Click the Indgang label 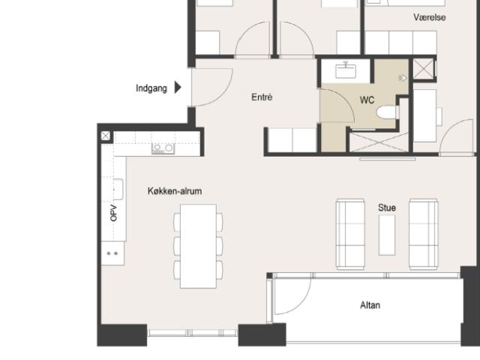coord(151,88)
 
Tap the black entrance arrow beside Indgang coord(178,87)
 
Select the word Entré coord(262,97)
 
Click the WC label coord(367,100)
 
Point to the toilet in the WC coord(388,112)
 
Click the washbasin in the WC coord(346,70)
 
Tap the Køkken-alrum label coord(175,191)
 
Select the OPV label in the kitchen coord(113,213)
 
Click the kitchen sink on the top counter coord(163,148)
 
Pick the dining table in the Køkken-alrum coord(198,246)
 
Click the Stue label coord(387,208)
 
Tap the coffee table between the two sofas coord(387,235)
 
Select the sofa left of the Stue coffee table coord(350,234)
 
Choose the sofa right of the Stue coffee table coord(423,234)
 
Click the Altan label coord(370,305)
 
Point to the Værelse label coord(430,17)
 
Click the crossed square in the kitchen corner coord(106,136)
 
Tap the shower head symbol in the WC coord(402,78)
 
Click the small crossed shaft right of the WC coord(423,68)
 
